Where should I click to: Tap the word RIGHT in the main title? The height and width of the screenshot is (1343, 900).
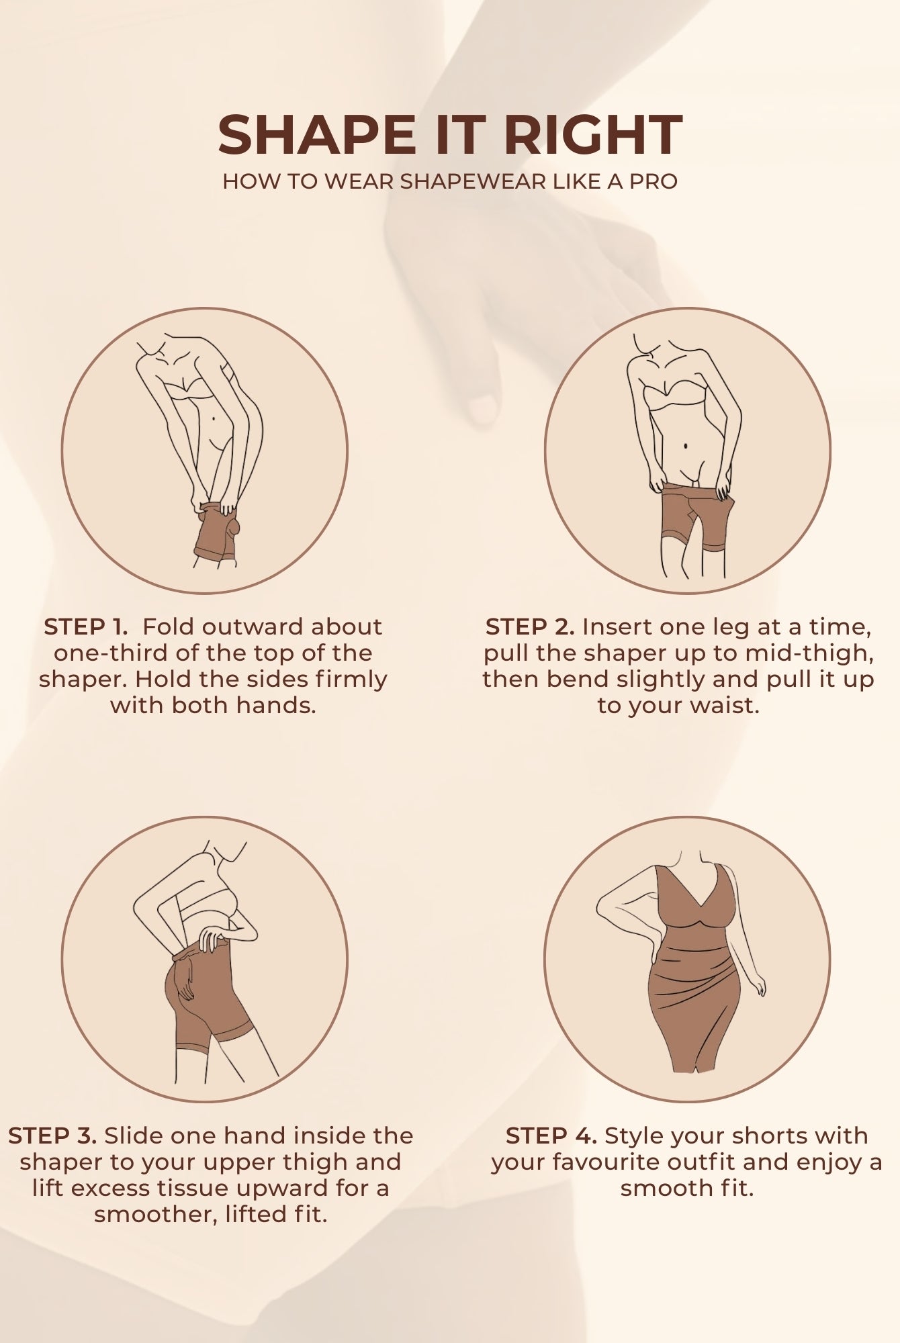(x=594, y=135)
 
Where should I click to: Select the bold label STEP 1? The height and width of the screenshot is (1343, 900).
(x=85, y=627)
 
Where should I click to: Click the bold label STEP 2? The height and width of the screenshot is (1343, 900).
(x=530, y=627)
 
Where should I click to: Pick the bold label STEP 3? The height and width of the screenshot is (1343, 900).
(x=53, y=1136)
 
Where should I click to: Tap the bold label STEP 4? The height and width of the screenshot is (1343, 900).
(x=551, y=1136)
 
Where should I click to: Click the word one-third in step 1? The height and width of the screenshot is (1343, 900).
(x=111, y=653)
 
